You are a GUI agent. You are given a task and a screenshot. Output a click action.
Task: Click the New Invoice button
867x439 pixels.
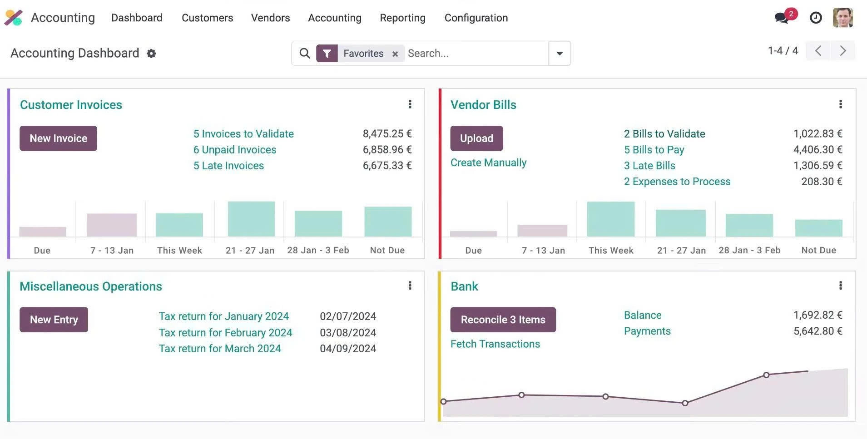(58, 138)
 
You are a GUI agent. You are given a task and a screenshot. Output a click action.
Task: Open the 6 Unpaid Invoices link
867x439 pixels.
(234, 150)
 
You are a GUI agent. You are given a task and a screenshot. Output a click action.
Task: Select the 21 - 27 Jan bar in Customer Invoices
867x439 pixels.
(251, 219)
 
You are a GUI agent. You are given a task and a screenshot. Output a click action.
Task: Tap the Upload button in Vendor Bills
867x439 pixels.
(476, 138)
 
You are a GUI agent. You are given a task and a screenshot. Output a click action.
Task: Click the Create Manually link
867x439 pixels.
(488, 163)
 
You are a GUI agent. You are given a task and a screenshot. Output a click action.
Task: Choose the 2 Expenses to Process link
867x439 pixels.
(677, 182)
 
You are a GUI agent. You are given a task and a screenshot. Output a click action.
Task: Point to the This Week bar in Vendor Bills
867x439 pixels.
(610, 219)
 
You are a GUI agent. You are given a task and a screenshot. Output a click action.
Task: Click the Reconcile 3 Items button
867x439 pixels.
(503, 320)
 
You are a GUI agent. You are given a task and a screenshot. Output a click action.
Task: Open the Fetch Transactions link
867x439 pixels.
(495, 344)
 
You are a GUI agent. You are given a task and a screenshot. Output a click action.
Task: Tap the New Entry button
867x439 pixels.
(54, 320)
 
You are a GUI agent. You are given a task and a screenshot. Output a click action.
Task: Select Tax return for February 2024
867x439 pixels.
(225, 333)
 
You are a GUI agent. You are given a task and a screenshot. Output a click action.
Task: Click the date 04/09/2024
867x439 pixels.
(348, 349)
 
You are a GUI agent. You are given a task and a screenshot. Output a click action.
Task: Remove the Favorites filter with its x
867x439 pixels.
(395, 54)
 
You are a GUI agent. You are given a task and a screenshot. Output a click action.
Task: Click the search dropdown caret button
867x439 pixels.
(560, 54)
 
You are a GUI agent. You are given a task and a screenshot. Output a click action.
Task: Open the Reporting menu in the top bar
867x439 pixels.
(402, 18)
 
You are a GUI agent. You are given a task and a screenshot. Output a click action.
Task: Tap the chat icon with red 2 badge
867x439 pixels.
(782, 18)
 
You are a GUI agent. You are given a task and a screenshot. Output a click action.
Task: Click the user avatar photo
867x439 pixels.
(842, 18)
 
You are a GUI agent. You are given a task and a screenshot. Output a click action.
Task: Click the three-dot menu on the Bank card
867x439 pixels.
(840, 286)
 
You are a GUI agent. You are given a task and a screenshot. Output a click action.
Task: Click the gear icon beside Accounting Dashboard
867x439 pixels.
(151, 54)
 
